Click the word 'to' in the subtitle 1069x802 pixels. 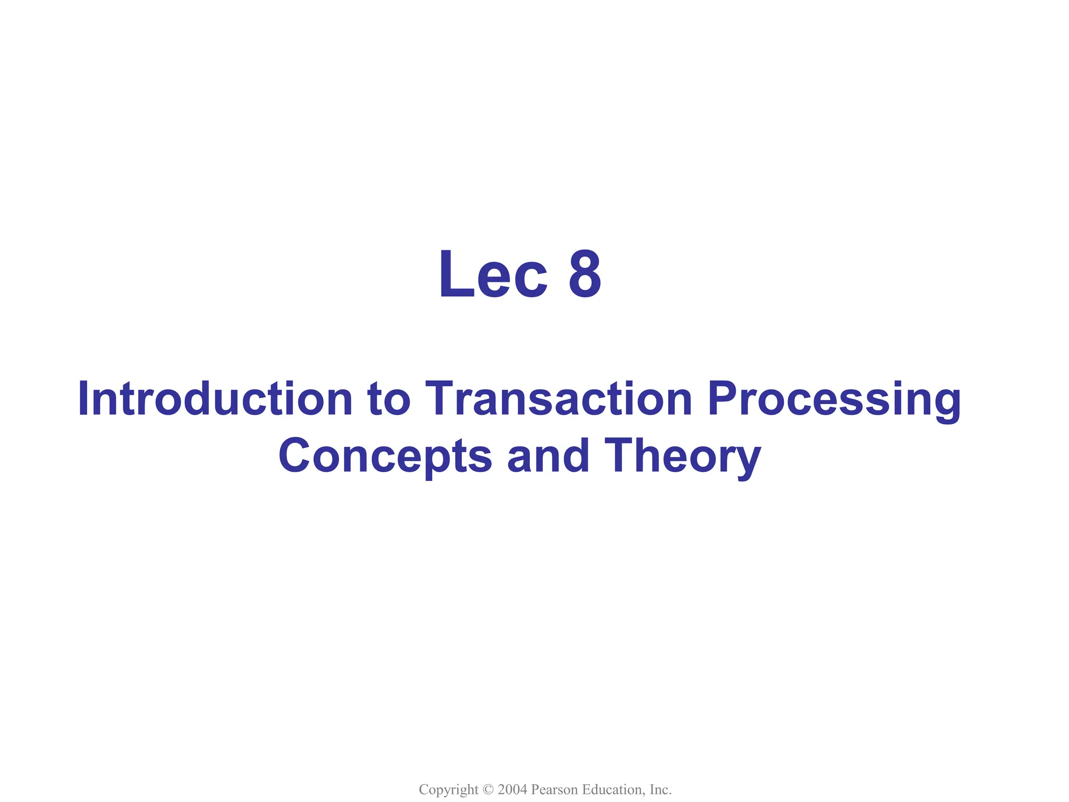[389, 399]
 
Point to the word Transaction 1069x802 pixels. [559, 399]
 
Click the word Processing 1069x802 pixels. [834, 400]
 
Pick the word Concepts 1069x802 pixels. [385, 456]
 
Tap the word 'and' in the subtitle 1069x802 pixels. [548, 455]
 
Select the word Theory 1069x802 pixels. [682, 456]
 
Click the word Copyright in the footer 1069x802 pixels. [448, 789]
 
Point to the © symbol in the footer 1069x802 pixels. [488, 789]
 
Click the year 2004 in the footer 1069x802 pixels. [512, 789]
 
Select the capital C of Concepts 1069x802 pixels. [295, 455]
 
